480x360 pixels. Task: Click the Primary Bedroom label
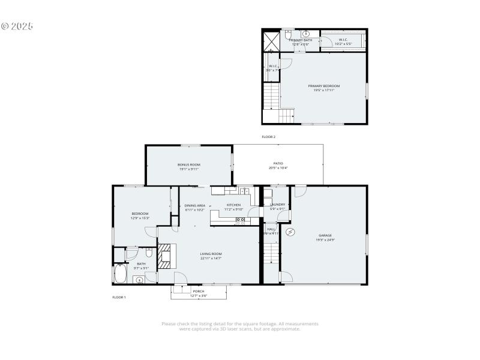[323, 86]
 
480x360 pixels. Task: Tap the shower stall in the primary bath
[272, 41]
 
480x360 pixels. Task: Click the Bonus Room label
[188, 164]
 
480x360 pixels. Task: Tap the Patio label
[278, 163]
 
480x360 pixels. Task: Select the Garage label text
[325, 235]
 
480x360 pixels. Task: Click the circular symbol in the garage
[291, 232]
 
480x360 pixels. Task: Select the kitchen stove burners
[240, 220]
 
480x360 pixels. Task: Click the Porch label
[199, 291]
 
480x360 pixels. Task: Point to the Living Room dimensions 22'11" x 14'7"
[211, 259]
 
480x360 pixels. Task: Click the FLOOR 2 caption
[268, 137]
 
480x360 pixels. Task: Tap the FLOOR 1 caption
[119, 297]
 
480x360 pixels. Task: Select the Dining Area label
[195, 205]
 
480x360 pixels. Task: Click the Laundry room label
[278, 205]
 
